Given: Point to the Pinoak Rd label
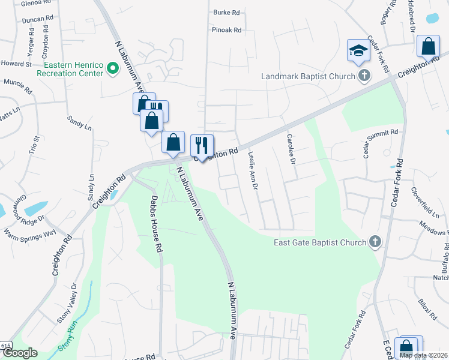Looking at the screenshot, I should [226, 29].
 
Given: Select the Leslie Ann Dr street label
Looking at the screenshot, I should [253, 170].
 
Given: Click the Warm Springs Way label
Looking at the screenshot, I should [29, 232].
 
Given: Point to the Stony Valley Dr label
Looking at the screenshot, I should [68, 312].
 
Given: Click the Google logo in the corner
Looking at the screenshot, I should [19, 353].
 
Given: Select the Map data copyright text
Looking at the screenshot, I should [424, 355].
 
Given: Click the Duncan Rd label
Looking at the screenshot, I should [34, 20].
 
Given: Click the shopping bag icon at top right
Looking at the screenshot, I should [429, 46].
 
